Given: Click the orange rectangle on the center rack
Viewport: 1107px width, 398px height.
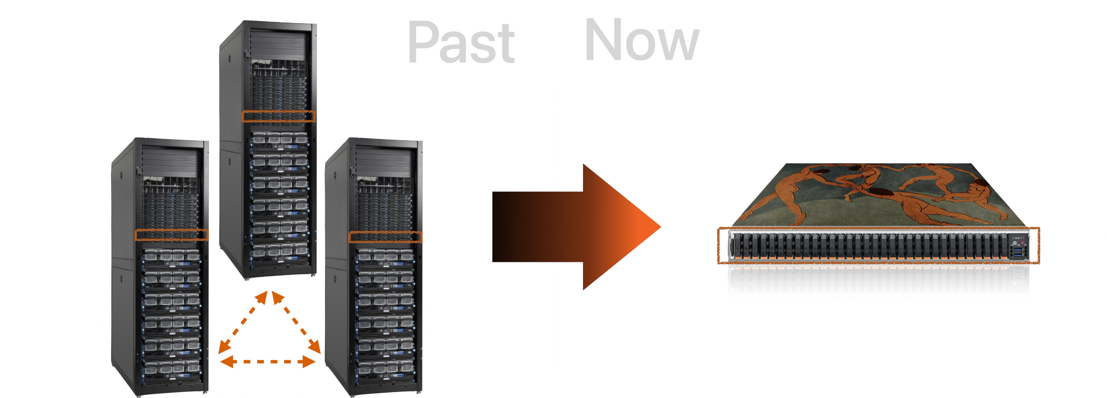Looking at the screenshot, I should (x=278, y=116).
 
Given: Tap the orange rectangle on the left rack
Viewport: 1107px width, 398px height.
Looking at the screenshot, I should (x=172, y=235).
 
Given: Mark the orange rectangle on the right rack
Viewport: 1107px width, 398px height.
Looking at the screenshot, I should (x=385, y=237).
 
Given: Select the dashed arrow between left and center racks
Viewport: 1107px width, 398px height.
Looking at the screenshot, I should (x=244, y=320).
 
